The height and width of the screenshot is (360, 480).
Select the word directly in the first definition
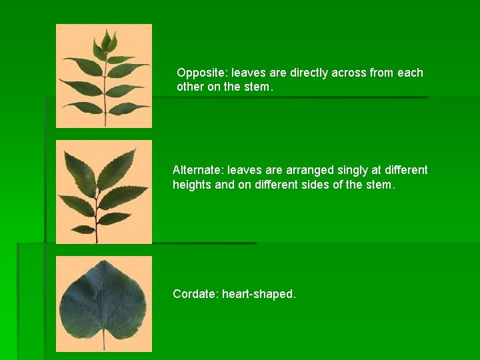click(x=309, y=73)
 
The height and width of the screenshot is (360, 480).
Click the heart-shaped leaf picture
click(x=103, y=303)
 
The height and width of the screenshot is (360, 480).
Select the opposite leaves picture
click(x=103, y=75)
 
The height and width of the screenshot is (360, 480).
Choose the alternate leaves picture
click(x=103, y=191)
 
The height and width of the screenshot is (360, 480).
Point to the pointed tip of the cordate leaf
click(x=103, y=262)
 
